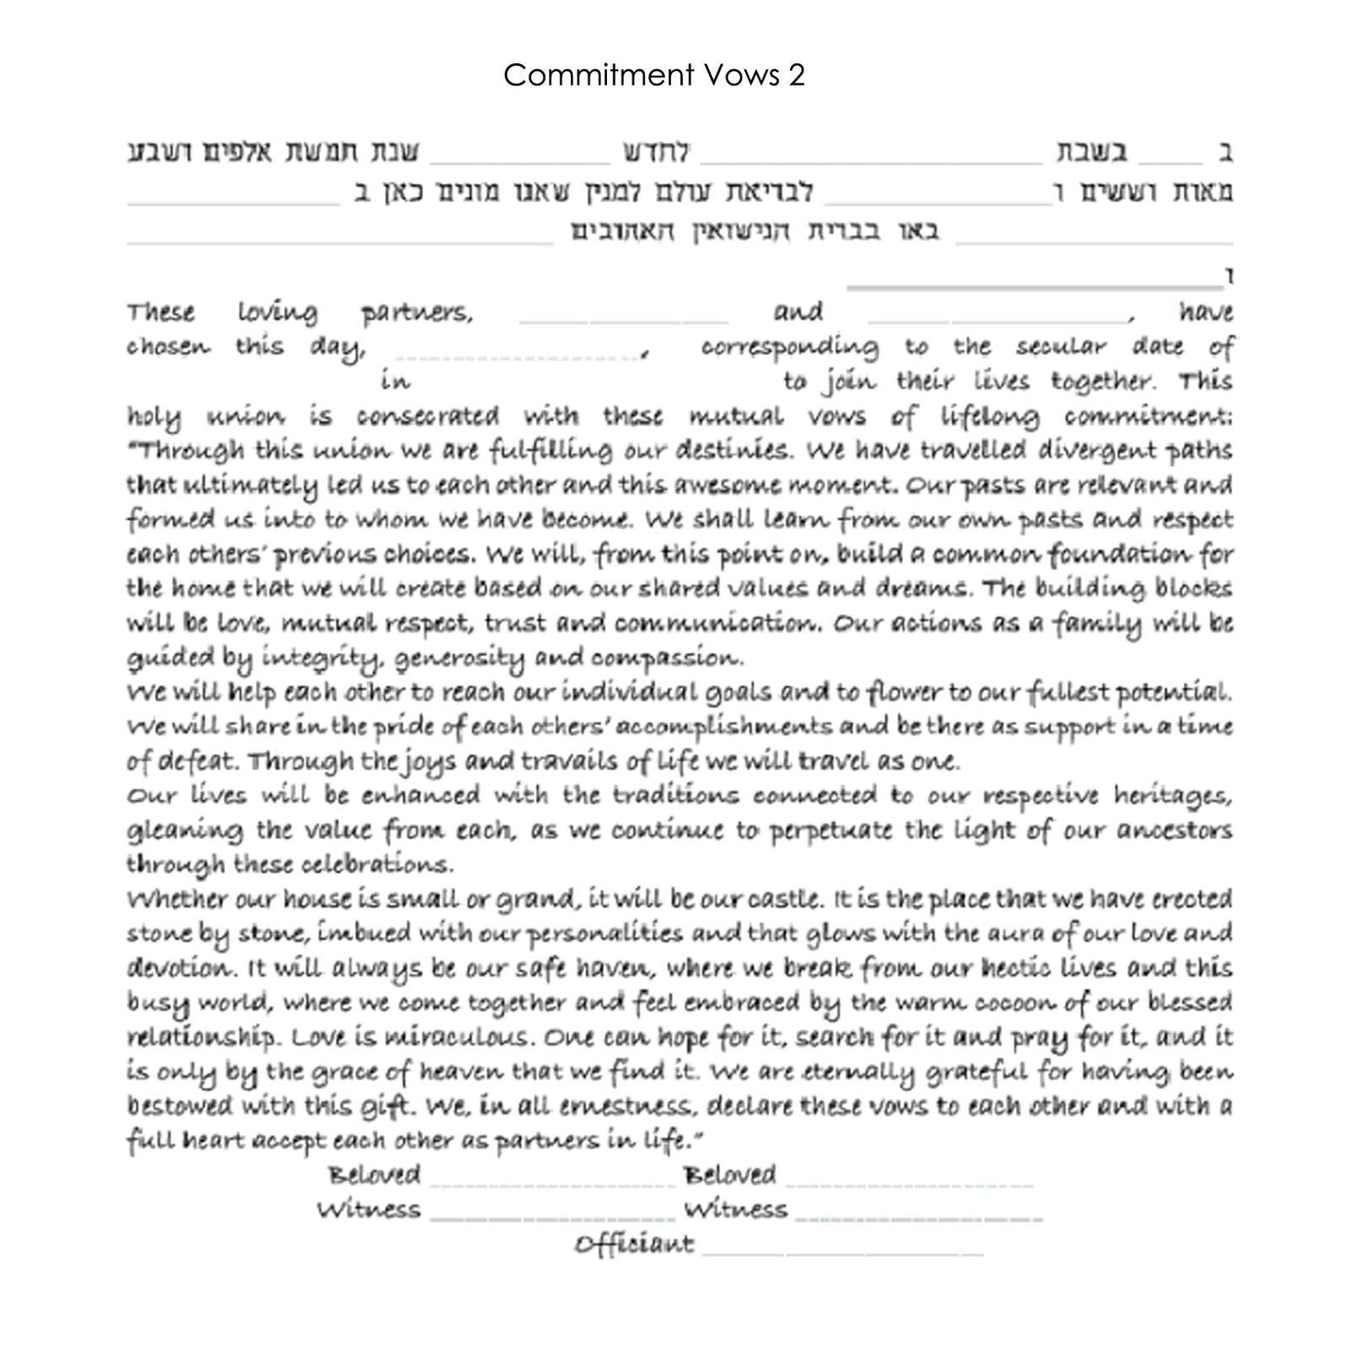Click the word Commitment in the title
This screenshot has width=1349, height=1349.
point(588,76)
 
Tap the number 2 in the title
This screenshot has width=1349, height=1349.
point(797,76)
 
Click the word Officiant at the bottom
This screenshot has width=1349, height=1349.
point(634,1244)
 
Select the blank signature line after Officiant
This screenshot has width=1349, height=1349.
point(843,1254)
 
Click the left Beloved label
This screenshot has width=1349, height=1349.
point(374,1174)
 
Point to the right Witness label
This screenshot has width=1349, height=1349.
point(735,1210)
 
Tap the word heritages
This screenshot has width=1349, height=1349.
point(1173,796)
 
